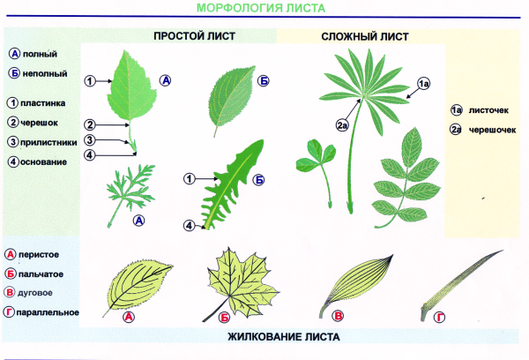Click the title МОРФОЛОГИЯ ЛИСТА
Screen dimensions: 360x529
[x=264, y=9]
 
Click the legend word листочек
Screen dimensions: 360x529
[x=492, y=110]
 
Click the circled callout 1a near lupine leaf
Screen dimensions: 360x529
[x=423, y=83]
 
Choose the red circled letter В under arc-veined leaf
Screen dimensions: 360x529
[x=339, y=318]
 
